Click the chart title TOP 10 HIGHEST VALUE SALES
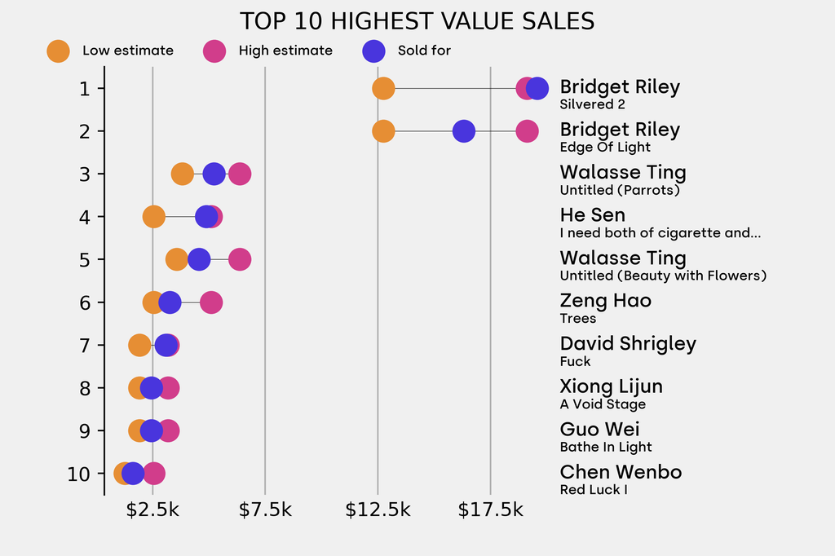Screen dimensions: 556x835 [x=417, y=21]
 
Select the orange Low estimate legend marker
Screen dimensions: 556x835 [x=58, y=51]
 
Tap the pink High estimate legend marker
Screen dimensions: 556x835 [x=214, y=51]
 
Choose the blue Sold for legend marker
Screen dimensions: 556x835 [x=373, y=51]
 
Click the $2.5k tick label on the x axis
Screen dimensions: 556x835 [x=152, y=510]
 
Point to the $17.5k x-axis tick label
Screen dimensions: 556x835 [x=490, y=510]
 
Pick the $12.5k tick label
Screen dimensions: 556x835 [x=378, y=510]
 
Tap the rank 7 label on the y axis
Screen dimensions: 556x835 [x=85, y=345]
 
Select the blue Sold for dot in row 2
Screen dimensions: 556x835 [x=463, y=130]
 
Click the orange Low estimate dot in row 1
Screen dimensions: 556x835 [x=383, y=88]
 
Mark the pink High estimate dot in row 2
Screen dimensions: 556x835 [x=528, y=130]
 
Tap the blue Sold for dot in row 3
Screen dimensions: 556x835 [x=214, y=174]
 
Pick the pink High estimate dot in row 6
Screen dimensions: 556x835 [x=211, y=302]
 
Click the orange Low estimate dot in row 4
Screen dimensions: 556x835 [x=153, y=217]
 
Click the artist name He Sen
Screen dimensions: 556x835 [x=593, y=215]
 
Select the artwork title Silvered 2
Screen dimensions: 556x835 [x=592, y=104]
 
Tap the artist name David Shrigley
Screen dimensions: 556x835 [x=628, y=343]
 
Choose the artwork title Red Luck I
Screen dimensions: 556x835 [x=593, y=490]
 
